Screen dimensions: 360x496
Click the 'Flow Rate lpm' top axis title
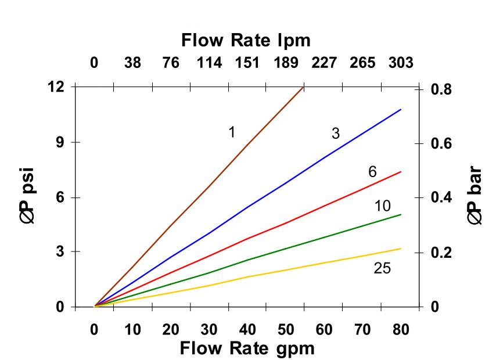[x=246, y=41]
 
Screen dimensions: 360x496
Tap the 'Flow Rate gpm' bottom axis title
[x=247, y=348]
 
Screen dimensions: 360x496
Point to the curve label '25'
[x=382, y=268]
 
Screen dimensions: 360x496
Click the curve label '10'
[x=382, y=206]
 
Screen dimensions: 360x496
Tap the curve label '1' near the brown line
[x=232, y=132]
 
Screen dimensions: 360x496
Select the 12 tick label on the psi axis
[x=56, y=87]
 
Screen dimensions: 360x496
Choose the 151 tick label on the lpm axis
[x=247, y=63]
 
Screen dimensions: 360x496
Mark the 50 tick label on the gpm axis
[x=286, y=330]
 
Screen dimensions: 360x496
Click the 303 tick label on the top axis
[x=401, y=63]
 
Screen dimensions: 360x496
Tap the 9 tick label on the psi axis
[x=59, y=142]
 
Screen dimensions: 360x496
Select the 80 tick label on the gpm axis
[x=400, y=330]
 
